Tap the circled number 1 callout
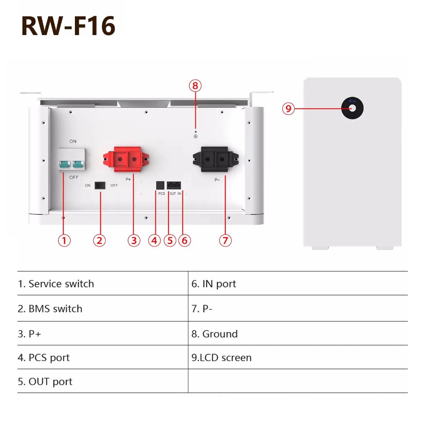pos(64,240)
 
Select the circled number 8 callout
pos(195,85)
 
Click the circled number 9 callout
pos(288,108)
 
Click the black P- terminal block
pos(214,159)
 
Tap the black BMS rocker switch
pos(100,185)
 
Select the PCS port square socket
pos(160,185)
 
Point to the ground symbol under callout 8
pos(195,136)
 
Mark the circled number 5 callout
pos(169,240)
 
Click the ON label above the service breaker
pos(73,142)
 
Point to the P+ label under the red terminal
pos(128,179)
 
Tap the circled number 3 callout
pos(134,240)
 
